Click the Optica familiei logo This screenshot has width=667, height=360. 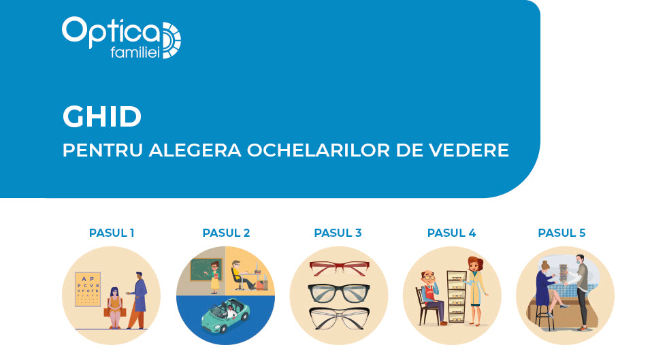point(121,37)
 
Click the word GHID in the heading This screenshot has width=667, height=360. point(102,116)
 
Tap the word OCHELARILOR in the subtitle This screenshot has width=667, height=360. point(319,150)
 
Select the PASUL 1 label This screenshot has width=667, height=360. point(112,233)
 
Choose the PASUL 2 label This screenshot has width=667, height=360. point(226,233)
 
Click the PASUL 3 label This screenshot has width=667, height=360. point(338,233)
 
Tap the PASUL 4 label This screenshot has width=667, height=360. point(451,233)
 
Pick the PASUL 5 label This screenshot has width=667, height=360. point(562,233)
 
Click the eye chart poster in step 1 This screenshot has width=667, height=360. point(88,289)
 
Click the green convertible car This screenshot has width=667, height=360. point(225,316)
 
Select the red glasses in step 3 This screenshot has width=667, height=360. point(339,268)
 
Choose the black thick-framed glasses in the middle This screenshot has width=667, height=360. point(339,293)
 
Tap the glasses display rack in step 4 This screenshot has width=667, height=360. point(457,296)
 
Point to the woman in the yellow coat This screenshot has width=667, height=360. point(476,291)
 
